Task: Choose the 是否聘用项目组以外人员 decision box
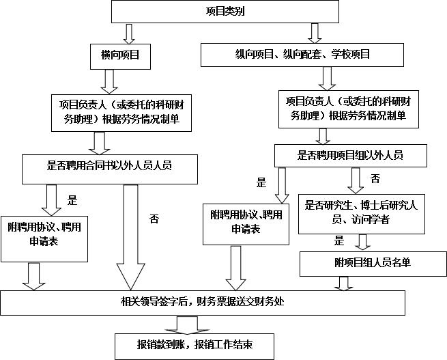click(x=349, y=155)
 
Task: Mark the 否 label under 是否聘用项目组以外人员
click(x=375, y=179)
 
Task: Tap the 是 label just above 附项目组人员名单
click(x=338, y=240)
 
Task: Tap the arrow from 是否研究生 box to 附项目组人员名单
click(x=364, y=243)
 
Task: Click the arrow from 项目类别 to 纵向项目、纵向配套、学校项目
click(x=315, y=32)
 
